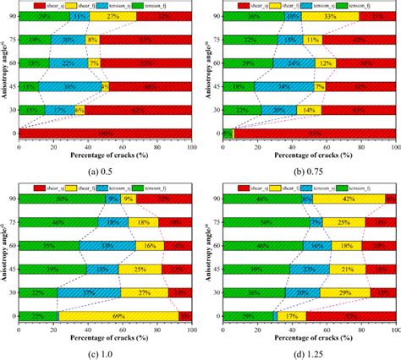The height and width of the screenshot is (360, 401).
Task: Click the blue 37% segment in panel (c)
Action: click(x=89, y=292)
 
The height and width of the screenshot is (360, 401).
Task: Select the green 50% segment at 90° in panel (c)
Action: click(x=62, y=198)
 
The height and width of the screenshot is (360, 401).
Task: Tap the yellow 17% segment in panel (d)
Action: click(x=291, y=316)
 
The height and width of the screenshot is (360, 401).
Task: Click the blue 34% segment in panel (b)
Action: click(x=285, y=86)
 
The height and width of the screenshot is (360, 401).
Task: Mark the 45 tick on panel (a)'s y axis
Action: click(x=13, y=86)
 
